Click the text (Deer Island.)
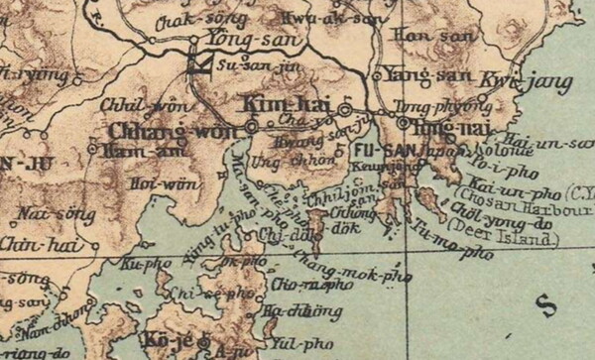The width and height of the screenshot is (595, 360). point(503,239)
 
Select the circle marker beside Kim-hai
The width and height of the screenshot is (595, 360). point(345,107)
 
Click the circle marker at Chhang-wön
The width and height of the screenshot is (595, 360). point(252,127)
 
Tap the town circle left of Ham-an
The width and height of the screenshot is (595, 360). point(92,149)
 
